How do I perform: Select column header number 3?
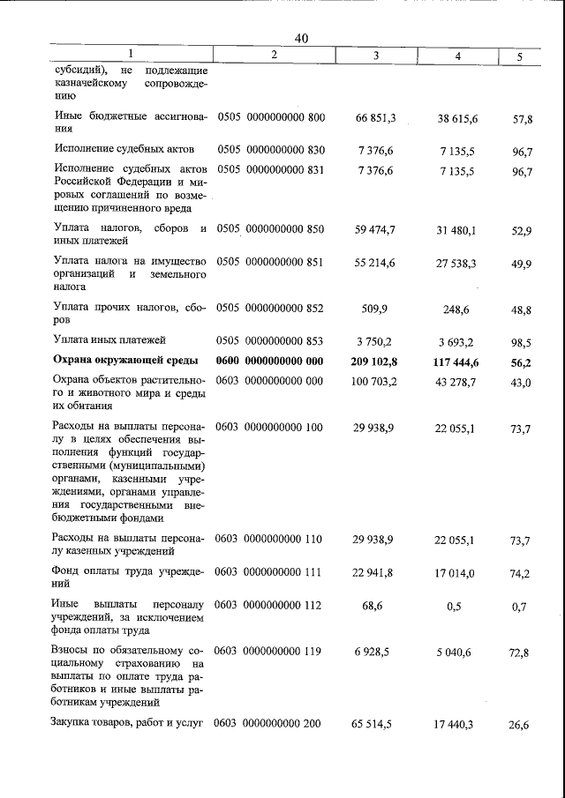pos(376,56)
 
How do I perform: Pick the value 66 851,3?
pos(375,117)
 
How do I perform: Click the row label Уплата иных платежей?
pos(109,339)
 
